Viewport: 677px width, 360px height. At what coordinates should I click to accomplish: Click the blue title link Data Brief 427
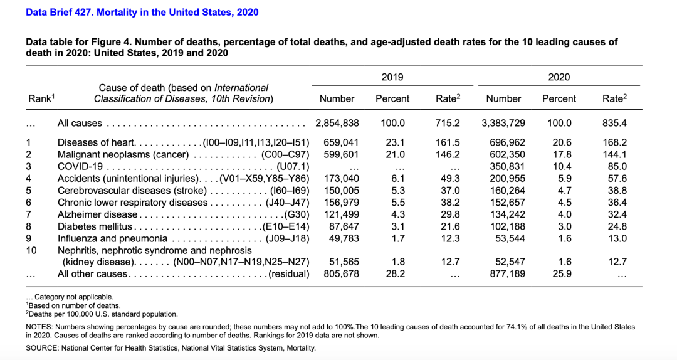tap(142, 12)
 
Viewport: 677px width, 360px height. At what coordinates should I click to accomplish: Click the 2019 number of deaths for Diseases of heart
tap(341, 142)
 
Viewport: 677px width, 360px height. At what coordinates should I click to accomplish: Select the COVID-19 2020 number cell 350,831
tap(507, 166)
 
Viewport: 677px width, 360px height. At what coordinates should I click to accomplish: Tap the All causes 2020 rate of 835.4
tap(614, 123)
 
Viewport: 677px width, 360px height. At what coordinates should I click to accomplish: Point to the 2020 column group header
tap(559, 77)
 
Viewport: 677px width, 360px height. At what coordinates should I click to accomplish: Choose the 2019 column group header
tap(392, 77)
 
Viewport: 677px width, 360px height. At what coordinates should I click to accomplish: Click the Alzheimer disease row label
tap(98, 214)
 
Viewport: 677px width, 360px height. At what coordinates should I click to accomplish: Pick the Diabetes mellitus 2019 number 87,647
tap(344, 226)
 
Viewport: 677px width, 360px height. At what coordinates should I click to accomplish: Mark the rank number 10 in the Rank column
tap(31, 250)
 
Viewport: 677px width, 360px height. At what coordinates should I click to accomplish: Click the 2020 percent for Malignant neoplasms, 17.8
tap(562, 154)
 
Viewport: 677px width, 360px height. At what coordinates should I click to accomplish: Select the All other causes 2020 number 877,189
tap(507, 273)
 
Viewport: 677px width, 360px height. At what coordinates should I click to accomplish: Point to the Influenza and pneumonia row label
tap(112, 238)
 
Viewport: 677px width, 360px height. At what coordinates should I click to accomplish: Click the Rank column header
tap(41, 98)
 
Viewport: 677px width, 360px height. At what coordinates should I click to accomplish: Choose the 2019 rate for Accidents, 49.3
tap(450, 179)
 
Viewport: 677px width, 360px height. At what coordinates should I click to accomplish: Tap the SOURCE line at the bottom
tap(171, 348)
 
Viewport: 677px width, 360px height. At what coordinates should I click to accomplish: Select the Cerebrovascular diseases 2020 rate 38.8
tap(617, 191)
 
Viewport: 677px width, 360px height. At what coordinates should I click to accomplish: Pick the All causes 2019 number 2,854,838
tap(337, 123)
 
